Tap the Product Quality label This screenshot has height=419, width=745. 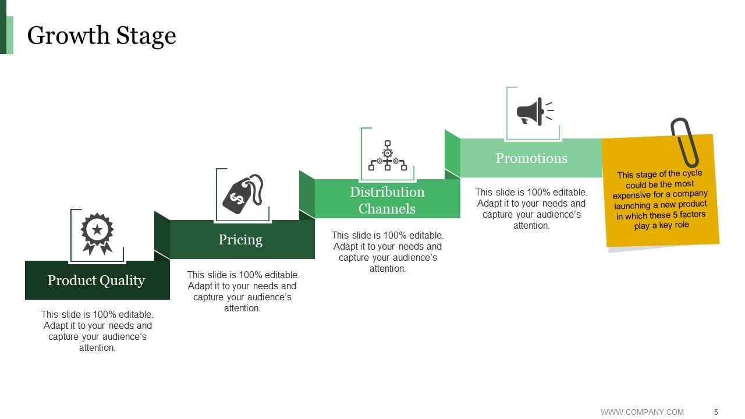click(x=96, y=280)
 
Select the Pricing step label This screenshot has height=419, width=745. click(x=240, y=240)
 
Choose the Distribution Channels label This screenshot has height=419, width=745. click(x=387, y=200)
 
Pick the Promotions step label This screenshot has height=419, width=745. click(x=531, y=158)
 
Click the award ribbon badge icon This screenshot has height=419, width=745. click(x=97, y=234)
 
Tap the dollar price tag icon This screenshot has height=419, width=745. click(x=243, y=194)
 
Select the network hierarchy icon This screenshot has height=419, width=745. click(x=388, y=155)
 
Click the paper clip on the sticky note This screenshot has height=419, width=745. click(x=684, y=143)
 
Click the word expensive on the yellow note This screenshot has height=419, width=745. click(x=631, y=196)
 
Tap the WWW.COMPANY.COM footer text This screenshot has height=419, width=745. click(x=642, y=412)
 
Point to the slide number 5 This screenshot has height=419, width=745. click(x=716, y=412)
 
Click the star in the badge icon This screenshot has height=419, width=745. click(x=97, y=230)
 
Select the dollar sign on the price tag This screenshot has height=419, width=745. click(x=237, y=198)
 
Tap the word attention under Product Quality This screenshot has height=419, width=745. click(x=97, y=348)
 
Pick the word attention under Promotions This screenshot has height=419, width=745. click(x=531, y=226)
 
